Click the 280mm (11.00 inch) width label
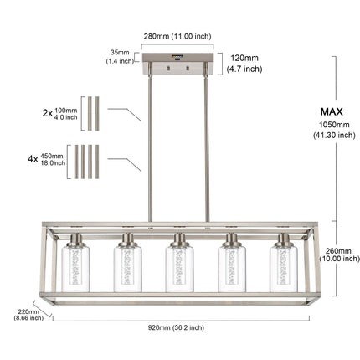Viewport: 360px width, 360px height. (177, 36)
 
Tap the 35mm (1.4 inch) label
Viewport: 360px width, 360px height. (120, 57)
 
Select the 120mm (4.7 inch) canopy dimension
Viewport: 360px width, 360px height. (244, 64)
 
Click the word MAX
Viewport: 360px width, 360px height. (332, 111)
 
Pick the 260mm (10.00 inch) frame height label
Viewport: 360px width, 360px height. (339, 255)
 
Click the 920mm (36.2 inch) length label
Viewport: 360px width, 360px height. (176, 327)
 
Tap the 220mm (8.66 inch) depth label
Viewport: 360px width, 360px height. (28, 315)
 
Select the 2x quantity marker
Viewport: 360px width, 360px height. (48, 113)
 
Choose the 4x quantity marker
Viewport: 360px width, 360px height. (33, 159)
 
